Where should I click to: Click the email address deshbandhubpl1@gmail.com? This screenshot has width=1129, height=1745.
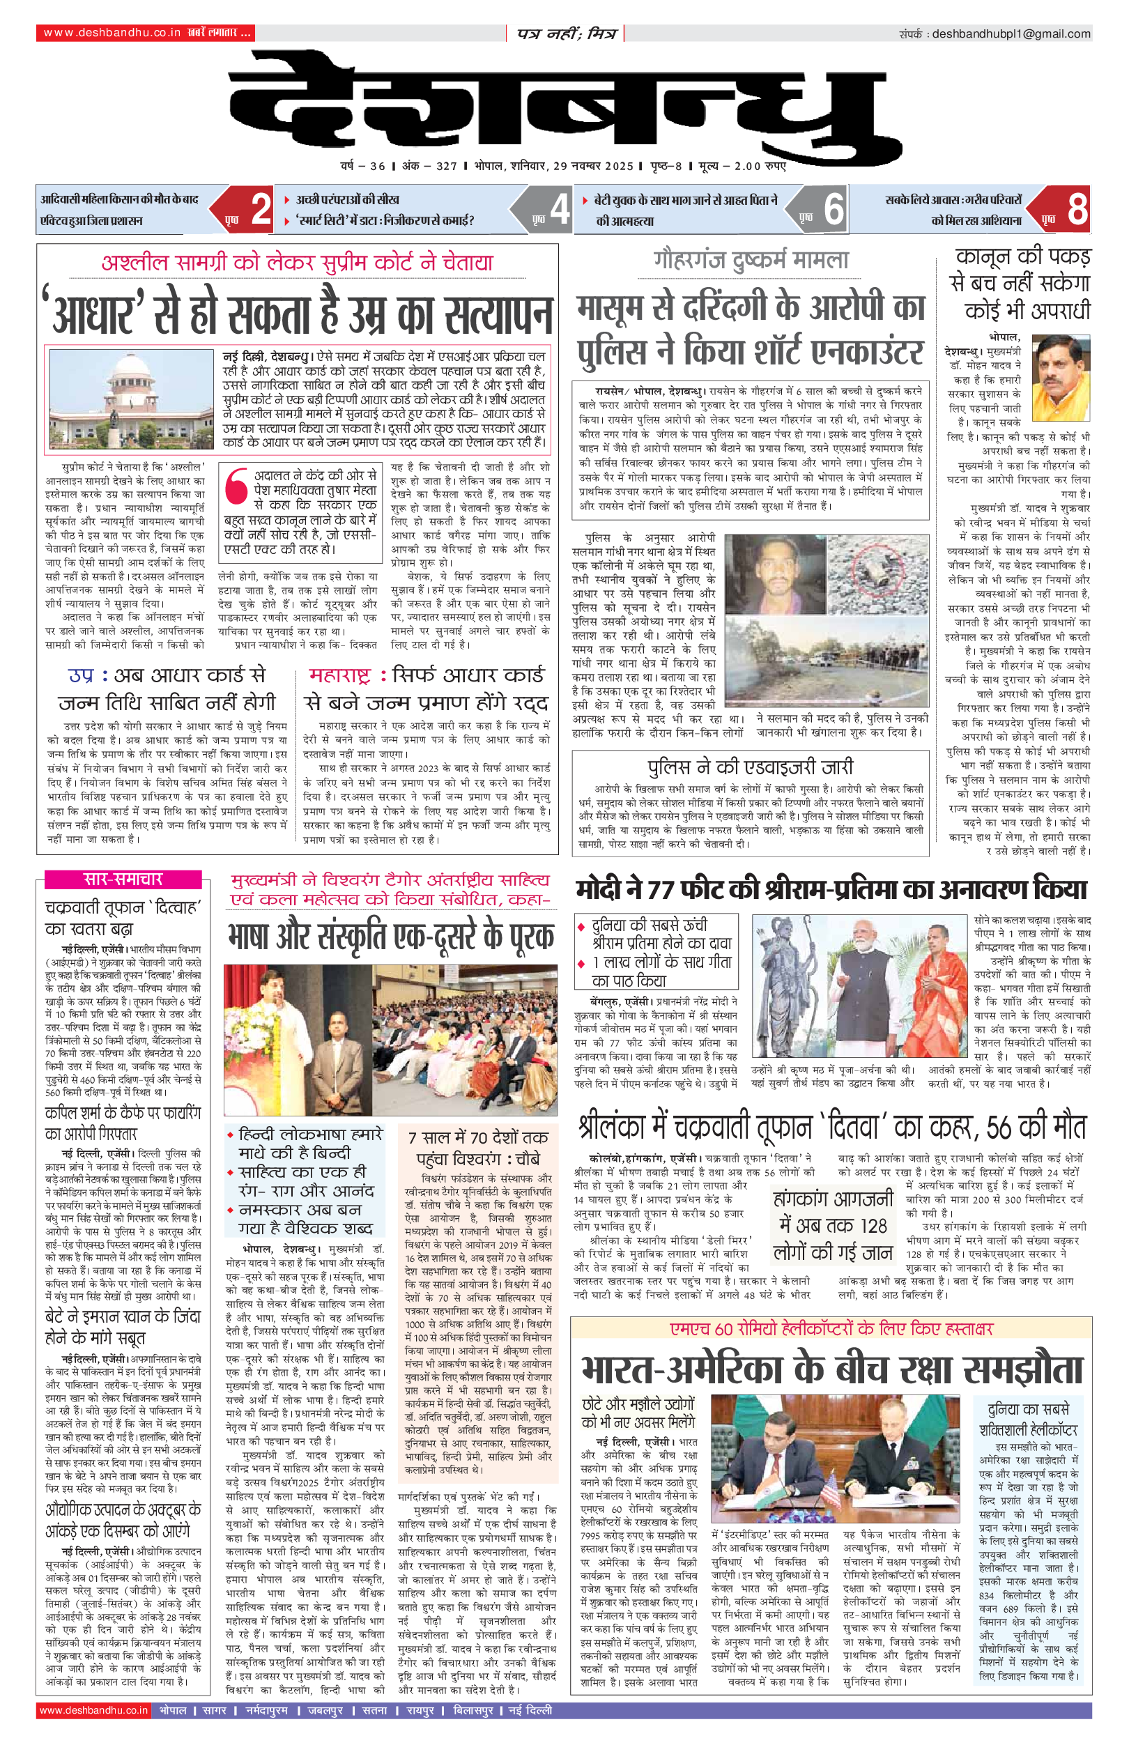[1011, 33]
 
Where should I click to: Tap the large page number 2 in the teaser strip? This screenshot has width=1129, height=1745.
[261, 210]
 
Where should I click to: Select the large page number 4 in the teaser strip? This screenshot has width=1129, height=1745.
[560, 210]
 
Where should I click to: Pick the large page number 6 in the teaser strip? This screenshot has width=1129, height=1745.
[834, 210]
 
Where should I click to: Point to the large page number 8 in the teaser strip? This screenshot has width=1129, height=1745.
[1077, 210]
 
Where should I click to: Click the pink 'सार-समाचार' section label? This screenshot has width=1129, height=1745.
[123, 879]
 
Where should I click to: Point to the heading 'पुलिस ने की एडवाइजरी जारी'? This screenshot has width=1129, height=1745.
[750, 767]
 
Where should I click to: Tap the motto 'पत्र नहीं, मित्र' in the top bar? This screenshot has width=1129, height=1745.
[566, 33]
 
